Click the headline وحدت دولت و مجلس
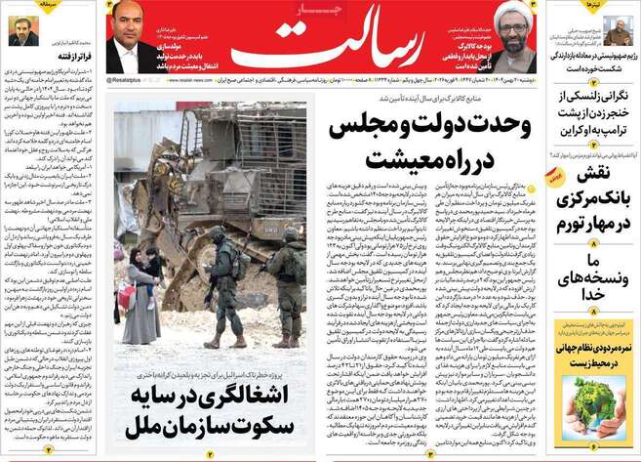point(429,127)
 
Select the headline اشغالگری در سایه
point(211,397)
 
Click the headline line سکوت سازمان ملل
point(211,426)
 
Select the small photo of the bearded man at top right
point(618,28)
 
